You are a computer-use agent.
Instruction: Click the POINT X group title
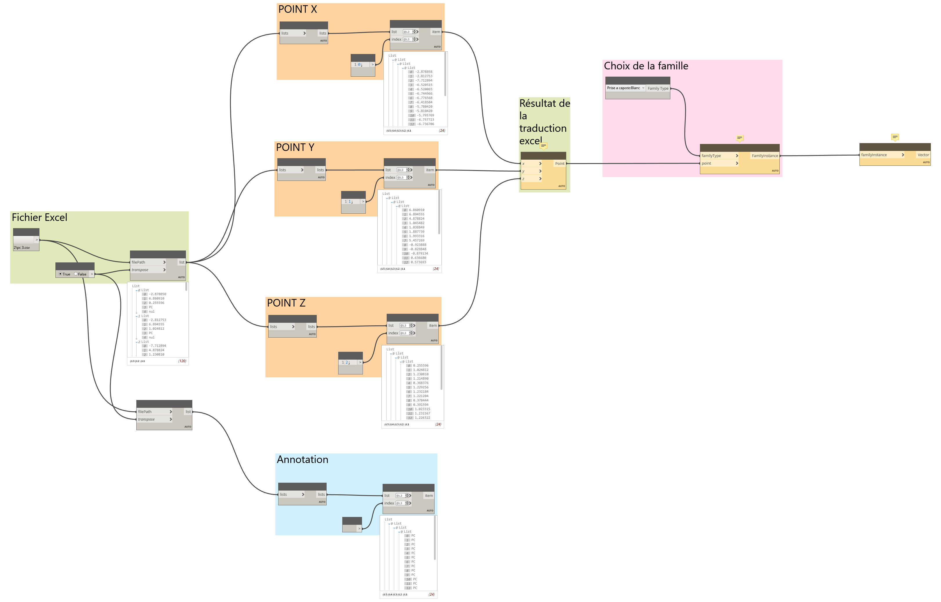pyautogui.click(x=297, y=9)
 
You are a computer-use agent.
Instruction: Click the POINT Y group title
pyautogui.click(x=295, y=147)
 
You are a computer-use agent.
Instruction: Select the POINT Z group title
pyautogui.click(x=286, y=303)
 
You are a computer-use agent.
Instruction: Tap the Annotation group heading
pyautogui.click(x=303, y=459)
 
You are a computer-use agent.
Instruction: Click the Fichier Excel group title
pyautogui.click(x=39, y=217)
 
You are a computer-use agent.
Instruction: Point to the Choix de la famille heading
pyautogui.click(x=646, y=66)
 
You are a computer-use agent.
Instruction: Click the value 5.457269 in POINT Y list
pyautogui.click(x=417, y=240)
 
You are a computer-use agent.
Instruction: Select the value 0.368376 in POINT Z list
pyautogui.click(x=421, y=383)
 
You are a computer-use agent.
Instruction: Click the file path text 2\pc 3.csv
pyautogui.click(x=22, y=247)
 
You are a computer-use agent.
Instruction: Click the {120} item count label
pyautogui.click(x=182, y=361)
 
